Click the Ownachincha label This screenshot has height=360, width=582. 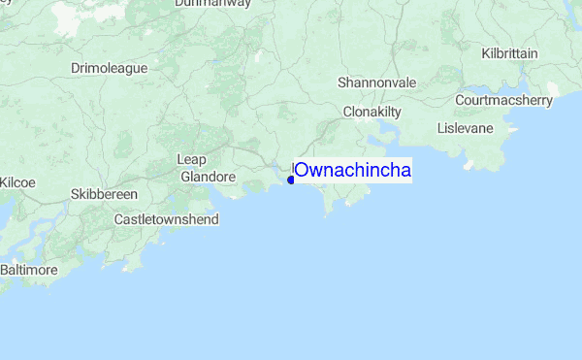[x=353, y=171]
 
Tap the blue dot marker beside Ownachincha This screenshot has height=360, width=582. [x=291, y=179]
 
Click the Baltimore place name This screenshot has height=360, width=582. [x=28, y=269]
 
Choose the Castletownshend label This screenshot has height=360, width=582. [x=166, y=219]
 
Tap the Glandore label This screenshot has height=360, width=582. [x=209, y=177]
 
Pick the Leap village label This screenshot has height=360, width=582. [x=192, y=159]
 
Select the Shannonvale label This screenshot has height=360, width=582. [x=376, y=83]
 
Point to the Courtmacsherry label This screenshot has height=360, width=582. [x=503, y=100]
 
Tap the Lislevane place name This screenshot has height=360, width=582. [x=466, y=128]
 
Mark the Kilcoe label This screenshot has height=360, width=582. [x=17, y=181]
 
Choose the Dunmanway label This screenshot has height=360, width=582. [x=212, y=4]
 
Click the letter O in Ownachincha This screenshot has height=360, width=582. [x=303, y=171]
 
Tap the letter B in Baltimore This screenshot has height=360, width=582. [x=5, y=269]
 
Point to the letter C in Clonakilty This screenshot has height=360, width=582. [x=348, y=113]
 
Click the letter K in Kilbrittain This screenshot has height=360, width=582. [x=485, y=53]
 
